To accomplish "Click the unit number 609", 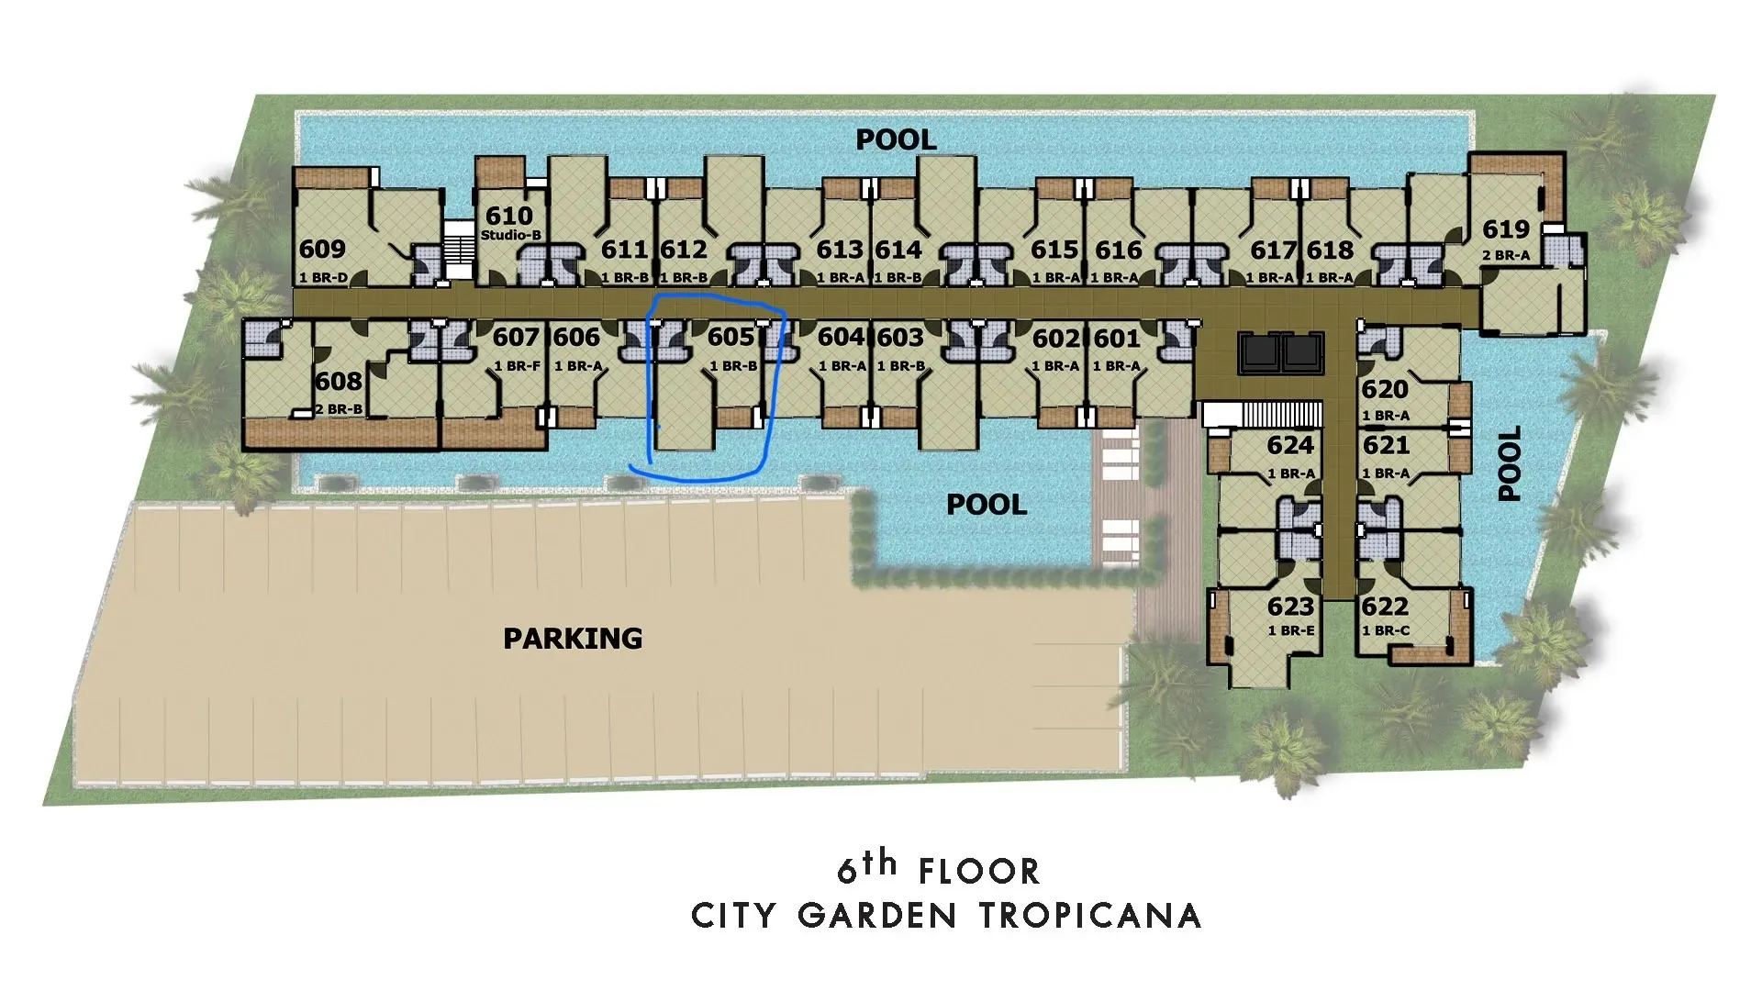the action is point(322,249).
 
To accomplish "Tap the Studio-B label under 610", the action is point(511,235).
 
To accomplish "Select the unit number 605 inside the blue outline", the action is point(730,337).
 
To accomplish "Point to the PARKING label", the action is point(573,638).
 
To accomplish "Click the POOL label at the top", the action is point(896,139).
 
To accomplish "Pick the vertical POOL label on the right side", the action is point(1510,462).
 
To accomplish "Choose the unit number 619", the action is point(1506,228).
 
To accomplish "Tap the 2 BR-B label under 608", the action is point(339,409).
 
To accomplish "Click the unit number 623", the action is point(1290,607).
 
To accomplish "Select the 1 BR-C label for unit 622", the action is point(1386,630).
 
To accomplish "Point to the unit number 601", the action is point(1116,339).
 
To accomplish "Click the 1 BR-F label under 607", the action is point(518,366).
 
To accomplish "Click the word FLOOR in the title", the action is point(979,871).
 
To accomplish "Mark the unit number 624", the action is point(1290,445).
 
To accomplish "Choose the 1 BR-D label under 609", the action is point(323,278).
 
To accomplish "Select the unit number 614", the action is point(898,250).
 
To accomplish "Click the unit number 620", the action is point(1384,389).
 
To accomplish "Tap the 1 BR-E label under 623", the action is point(1291,630).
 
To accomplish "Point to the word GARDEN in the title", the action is point(864,916).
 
